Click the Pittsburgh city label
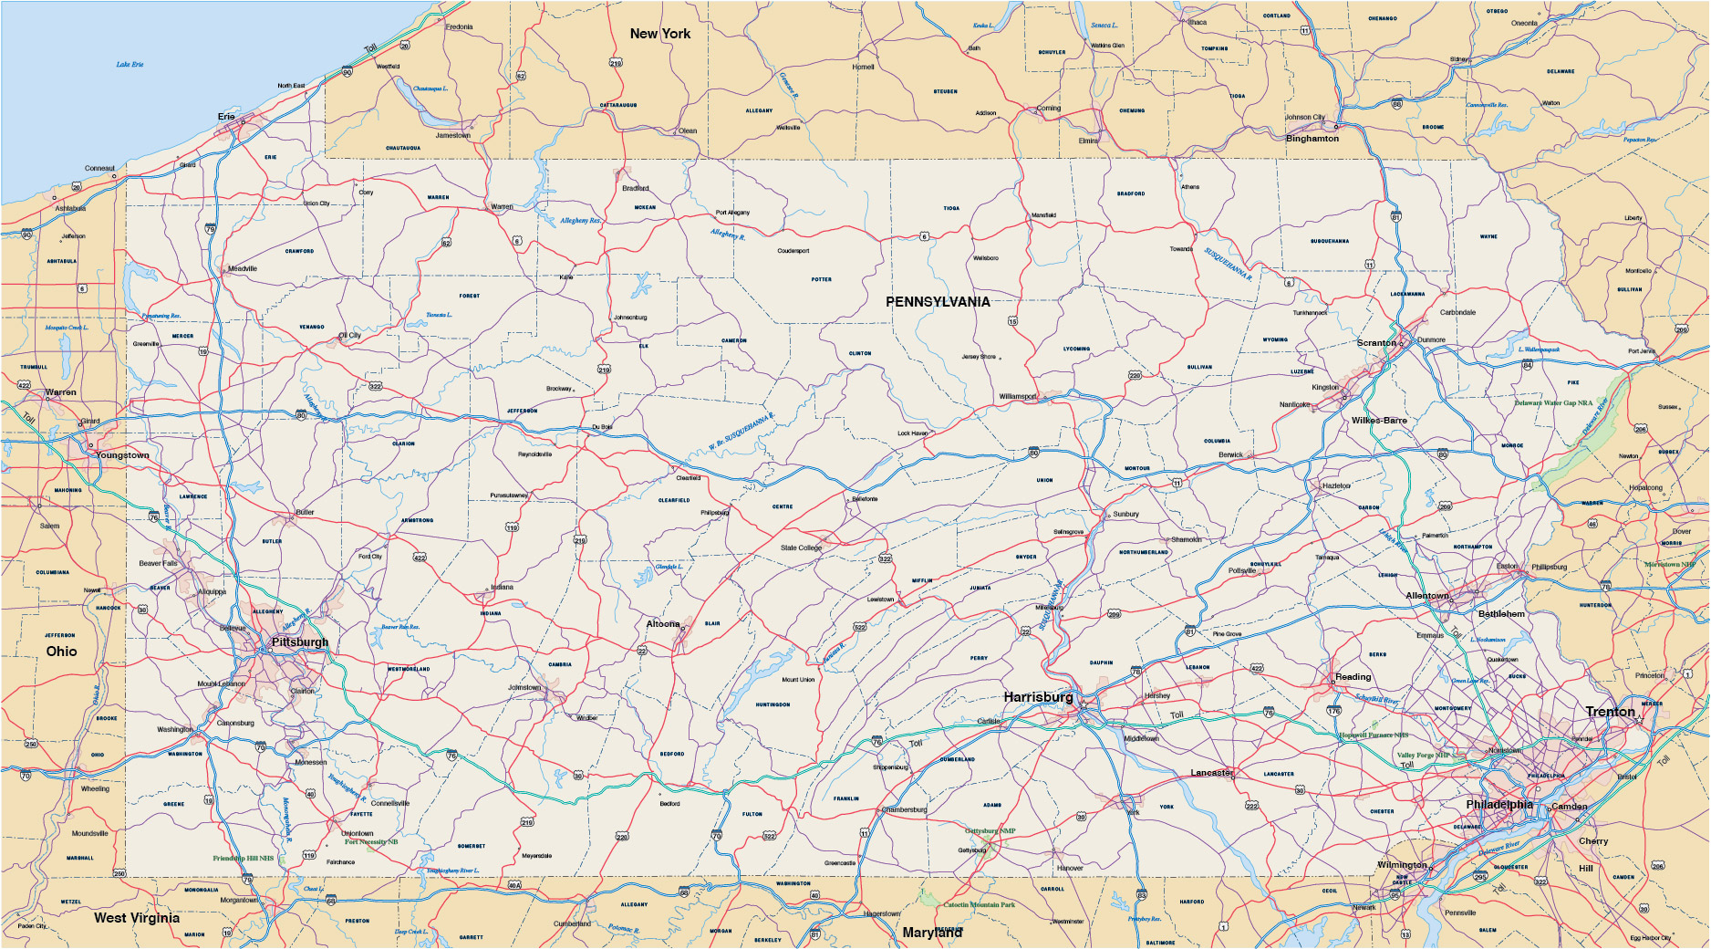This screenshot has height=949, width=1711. coord(299,642)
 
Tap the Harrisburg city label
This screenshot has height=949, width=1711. coord(1038,697)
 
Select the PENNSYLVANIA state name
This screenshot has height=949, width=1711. coord(938,302)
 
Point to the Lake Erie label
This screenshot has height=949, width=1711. coord(130,65)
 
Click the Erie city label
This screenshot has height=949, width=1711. coord(226,117)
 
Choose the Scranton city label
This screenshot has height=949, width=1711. coord(1376,343)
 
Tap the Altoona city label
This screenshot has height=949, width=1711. coord(663,624)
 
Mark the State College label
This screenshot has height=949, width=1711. coord(801,548)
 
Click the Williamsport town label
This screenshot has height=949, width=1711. coord(1018,397)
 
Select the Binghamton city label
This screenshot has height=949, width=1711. coord(1312,139)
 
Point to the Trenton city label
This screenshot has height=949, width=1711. coord(1610,712)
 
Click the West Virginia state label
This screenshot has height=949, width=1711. coord(137,918)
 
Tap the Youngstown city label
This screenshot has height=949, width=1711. coord(122,455)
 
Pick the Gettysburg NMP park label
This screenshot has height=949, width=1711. coord(990,831)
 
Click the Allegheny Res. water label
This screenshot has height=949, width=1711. coord(580,221)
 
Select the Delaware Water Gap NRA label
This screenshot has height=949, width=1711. coord(1553,402)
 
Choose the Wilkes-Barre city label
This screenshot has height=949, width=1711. coord(1379,421)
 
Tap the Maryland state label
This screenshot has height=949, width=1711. coord(931,933)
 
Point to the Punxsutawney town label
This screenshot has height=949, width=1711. coord(509,495)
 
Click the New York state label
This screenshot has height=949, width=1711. coord(660,34)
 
